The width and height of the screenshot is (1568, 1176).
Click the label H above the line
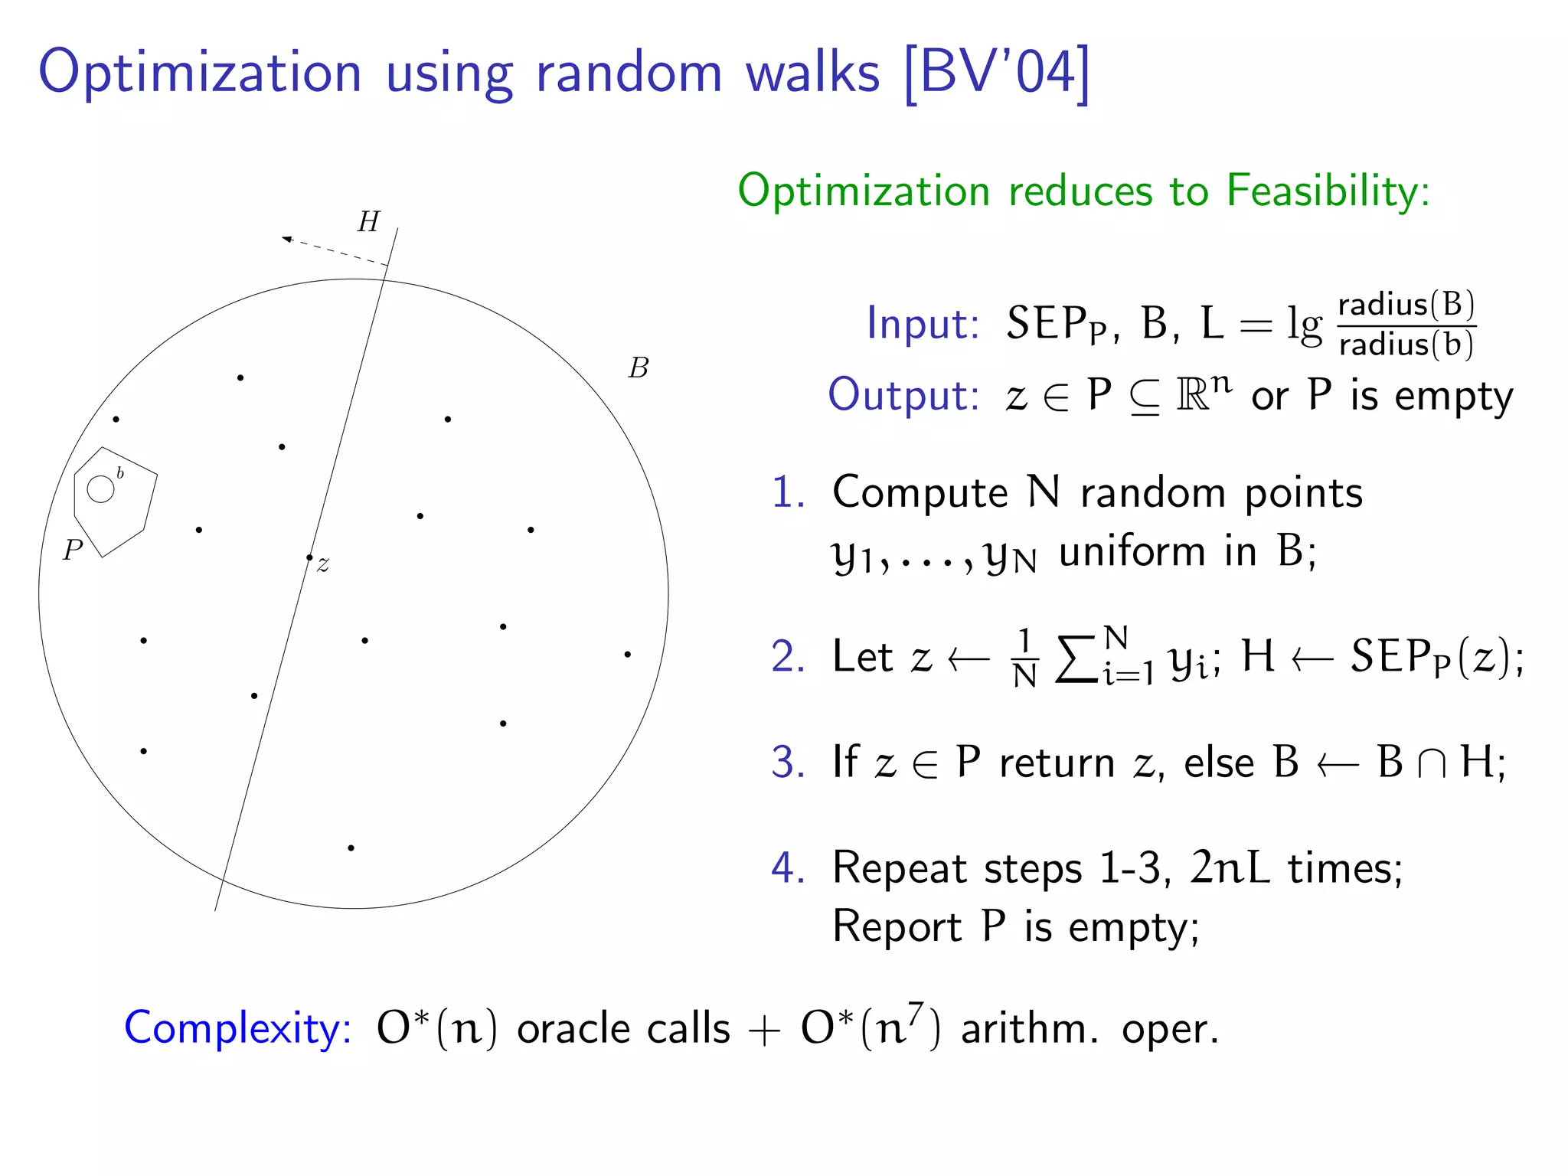[369, 222]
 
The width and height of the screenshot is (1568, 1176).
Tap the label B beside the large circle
[639, 368]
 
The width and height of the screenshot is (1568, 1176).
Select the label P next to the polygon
[73, 550]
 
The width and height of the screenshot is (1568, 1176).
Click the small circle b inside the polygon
[100, 489]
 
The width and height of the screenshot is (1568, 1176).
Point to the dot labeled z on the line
[309, 557]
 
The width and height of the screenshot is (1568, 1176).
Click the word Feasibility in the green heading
[1327, 191]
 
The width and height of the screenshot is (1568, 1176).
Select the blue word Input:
[923, 324]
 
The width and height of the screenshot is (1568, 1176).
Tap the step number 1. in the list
[788, 492]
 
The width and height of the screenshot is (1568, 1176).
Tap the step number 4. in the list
[788, 868]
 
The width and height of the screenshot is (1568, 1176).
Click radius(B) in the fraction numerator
[1406, 305]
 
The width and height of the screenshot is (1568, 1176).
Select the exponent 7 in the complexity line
[915, 1012]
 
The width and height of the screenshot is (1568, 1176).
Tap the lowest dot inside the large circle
[351, 848]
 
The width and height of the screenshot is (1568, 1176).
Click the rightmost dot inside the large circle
[627, 654]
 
